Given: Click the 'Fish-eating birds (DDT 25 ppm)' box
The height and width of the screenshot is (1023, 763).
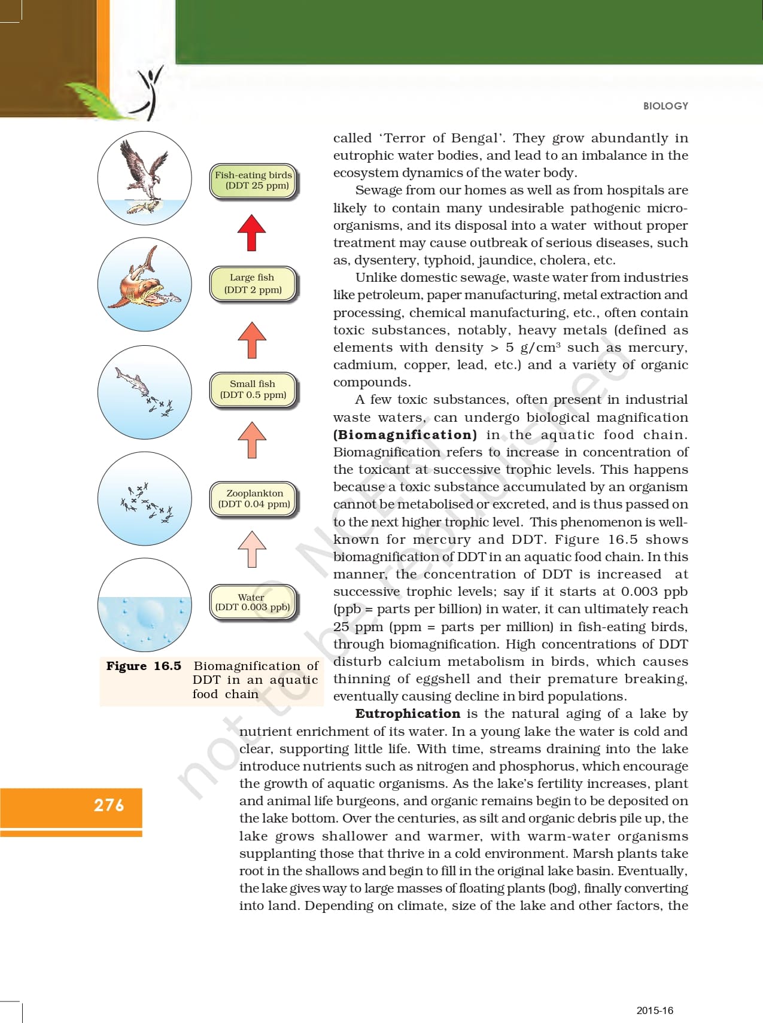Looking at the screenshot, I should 253,181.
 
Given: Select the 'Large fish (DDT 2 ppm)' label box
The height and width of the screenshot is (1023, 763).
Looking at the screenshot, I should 253,284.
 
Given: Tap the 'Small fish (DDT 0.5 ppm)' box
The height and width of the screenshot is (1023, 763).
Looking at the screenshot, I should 253,389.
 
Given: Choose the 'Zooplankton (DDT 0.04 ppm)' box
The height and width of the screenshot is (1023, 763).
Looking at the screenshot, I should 254,498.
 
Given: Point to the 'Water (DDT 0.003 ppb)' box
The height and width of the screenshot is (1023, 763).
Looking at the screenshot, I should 253,602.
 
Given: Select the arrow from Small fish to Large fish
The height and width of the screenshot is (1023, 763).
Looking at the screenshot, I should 252,339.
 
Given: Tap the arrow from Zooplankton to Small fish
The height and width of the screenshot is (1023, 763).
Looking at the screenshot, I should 252,440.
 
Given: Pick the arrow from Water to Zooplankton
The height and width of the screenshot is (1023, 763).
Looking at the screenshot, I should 252,549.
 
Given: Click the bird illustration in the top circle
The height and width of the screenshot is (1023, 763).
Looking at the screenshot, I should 144,170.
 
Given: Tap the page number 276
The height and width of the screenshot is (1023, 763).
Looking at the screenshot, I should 109,805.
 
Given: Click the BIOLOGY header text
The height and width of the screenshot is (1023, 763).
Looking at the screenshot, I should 665,106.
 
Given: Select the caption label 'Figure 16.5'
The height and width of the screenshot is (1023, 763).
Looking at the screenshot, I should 144,666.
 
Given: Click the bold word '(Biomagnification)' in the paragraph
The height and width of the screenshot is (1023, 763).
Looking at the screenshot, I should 405,435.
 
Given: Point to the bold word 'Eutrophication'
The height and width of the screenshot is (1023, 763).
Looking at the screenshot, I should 408,714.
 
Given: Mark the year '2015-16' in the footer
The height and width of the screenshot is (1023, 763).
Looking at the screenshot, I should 655,1010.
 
